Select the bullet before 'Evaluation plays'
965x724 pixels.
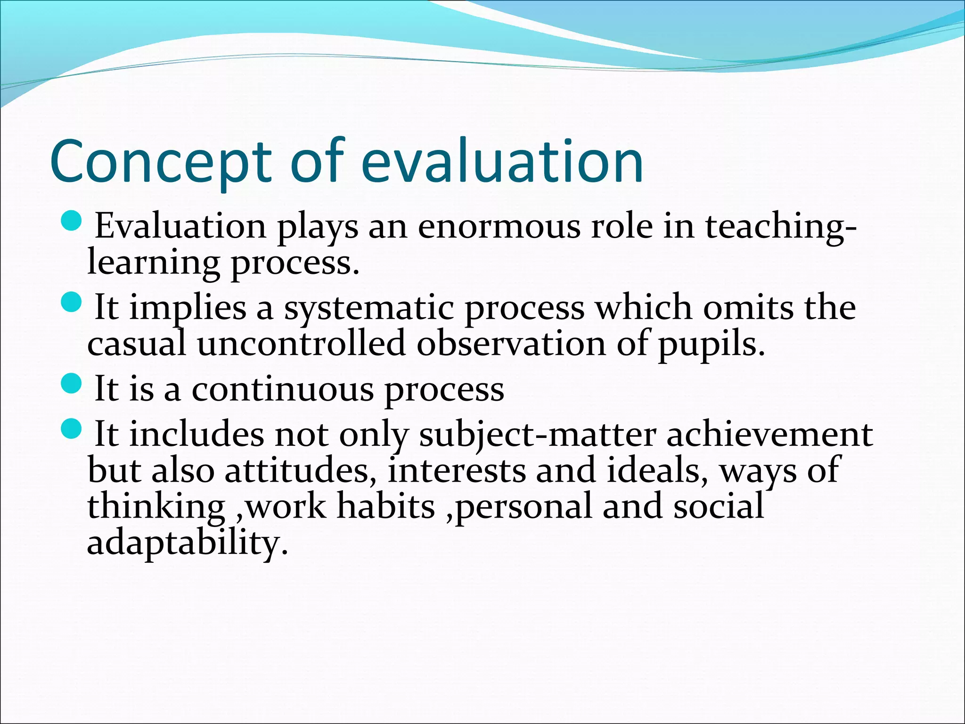click(x=72, y=221)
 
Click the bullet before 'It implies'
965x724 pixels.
click(x=72, y=302)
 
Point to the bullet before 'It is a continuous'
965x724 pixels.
click(x=72, y=383)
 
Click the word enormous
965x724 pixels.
click(x=499, y=227)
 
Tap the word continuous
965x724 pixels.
click(x=283, y=389)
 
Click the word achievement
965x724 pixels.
click(x=769, y=435)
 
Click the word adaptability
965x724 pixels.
click(x=187, y=543)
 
